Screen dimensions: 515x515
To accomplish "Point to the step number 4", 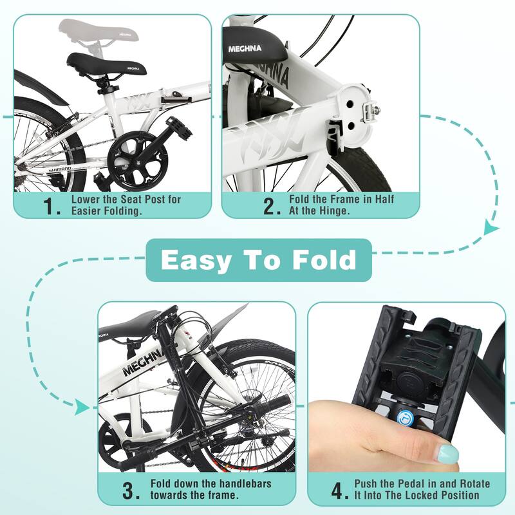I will pos(339,492).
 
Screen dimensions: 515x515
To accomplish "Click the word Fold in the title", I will pos(321,260).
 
